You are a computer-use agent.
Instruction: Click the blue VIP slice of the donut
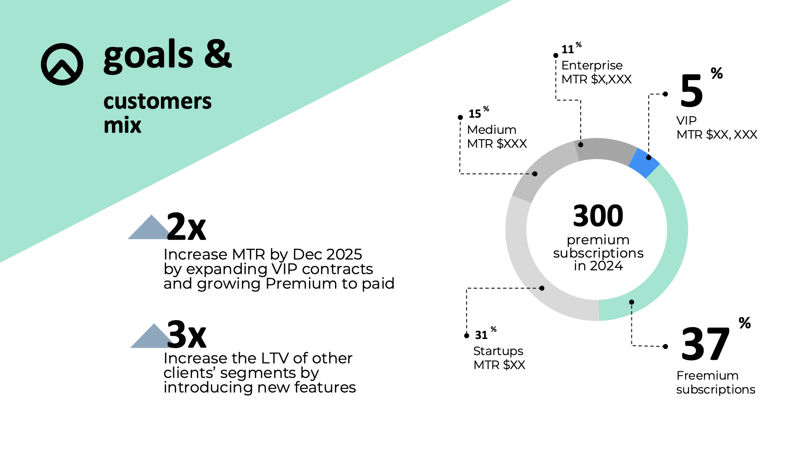point(644,163)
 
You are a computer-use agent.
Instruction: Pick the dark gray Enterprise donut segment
point(606,149)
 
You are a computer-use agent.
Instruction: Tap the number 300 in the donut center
point(598,216)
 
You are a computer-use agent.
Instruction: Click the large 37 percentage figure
point(706,344)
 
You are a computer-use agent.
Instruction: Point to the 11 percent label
point(571,48)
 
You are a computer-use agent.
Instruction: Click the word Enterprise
point(592,65)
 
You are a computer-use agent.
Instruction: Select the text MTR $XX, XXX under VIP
point(717,135)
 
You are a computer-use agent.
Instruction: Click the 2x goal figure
point(186,226)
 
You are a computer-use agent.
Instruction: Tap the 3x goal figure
point(187,335)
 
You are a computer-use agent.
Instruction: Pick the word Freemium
point(707,375)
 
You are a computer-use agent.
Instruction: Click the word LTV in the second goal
point(275,358)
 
